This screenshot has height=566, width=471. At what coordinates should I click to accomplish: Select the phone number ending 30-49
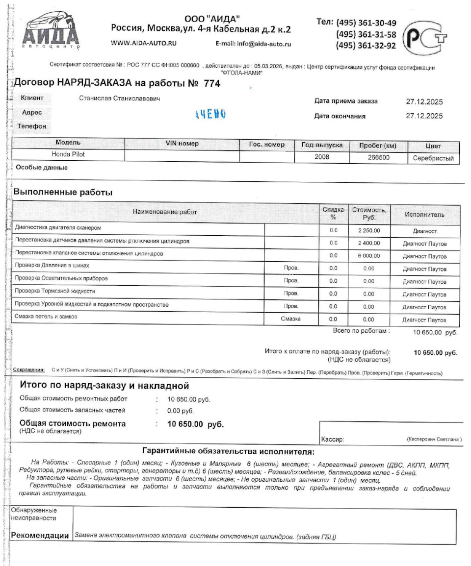click(366, 23)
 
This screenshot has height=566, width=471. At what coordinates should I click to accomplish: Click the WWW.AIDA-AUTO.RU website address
click(144, 43)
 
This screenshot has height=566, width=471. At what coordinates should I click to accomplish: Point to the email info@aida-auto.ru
click(253, 44)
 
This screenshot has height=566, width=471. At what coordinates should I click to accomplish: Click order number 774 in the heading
click(211, 84)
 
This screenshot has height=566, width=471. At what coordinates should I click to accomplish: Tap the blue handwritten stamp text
click(210, 114)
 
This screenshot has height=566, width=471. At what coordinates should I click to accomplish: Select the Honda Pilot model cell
click(68, 154)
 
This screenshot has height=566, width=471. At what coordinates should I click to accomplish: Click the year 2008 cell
click(322, 157)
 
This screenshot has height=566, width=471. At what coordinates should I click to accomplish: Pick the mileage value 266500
click(378, 158)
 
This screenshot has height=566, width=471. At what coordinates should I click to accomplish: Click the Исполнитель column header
click(424, 215)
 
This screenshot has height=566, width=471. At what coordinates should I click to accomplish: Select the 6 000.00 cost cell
click(368, 256)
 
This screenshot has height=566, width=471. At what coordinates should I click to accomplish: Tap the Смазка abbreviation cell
click(291, 319)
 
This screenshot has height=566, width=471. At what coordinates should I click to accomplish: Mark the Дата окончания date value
click(424, 116)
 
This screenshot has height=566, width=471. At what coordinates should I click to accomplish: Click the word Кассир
click(332, 440)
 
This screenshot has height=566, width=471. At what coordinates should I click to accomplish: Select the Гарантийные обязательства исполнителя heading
click(228, 451)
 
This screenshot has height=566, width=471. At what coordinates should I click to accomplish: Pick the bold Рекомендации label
click(40, 536)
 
